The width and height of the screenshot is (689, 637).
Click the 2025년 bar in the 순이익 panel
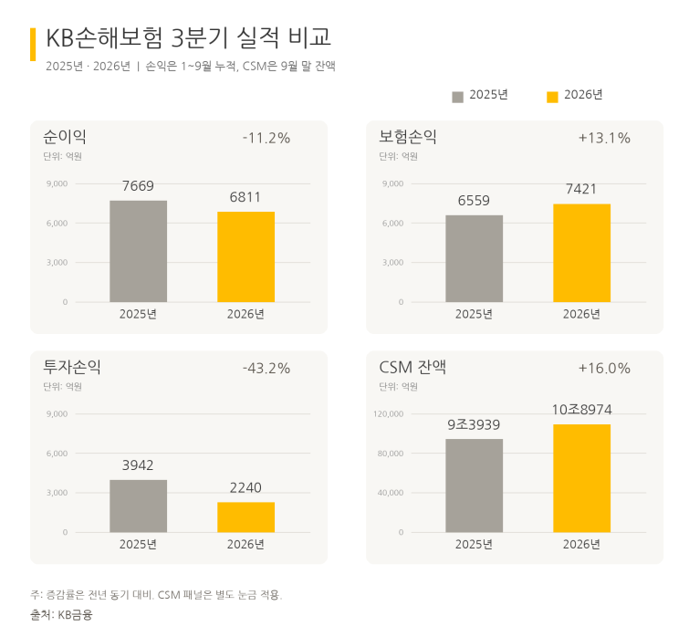[138, 251]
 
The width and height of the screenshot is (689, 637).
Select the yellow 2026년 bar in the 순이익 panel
[245, 257]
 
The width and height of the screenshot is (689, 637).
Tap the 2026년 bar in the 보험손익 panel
[581, 253]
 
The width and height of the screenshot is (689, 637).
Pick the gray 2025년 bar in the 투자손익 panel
[138, 506]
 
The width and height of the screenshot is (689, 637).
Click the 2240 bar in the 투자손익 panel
[245, 517]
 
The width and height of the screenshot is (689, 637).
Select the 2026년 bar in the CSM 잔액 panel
[581, 478]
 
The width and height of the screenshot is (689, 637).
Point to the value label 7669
[138, 186]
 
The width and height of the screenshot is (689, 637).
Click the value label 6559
[474, 201]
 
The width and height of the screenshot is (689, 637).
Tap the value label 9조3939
[474, 424]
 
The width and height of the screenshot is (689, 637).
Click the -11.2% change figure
[266, 138]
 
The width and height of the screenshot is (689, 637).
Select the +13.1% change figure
[604, 138]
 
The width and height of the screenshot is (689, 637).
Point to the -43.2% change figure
[266, 368]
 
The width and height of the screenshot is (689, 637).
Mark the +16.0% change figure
[604, 368]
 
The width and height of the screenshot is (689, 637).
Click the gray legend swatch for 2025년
[457, 97]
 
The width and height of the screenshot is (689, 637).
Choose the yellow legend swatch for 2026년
[552, 97]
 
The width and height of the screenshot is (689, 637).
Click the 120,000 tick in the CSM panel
[389, 413]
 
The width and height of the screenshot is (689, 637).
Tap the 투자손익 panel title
[72, 367]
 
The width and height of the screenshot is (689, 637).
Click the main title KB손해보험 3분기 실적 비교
[189, 37]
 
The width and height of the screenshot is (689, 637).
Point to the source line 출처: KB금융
[61, 614]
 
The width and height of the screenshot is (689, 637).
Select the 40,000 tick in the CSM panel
[391, 493]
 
